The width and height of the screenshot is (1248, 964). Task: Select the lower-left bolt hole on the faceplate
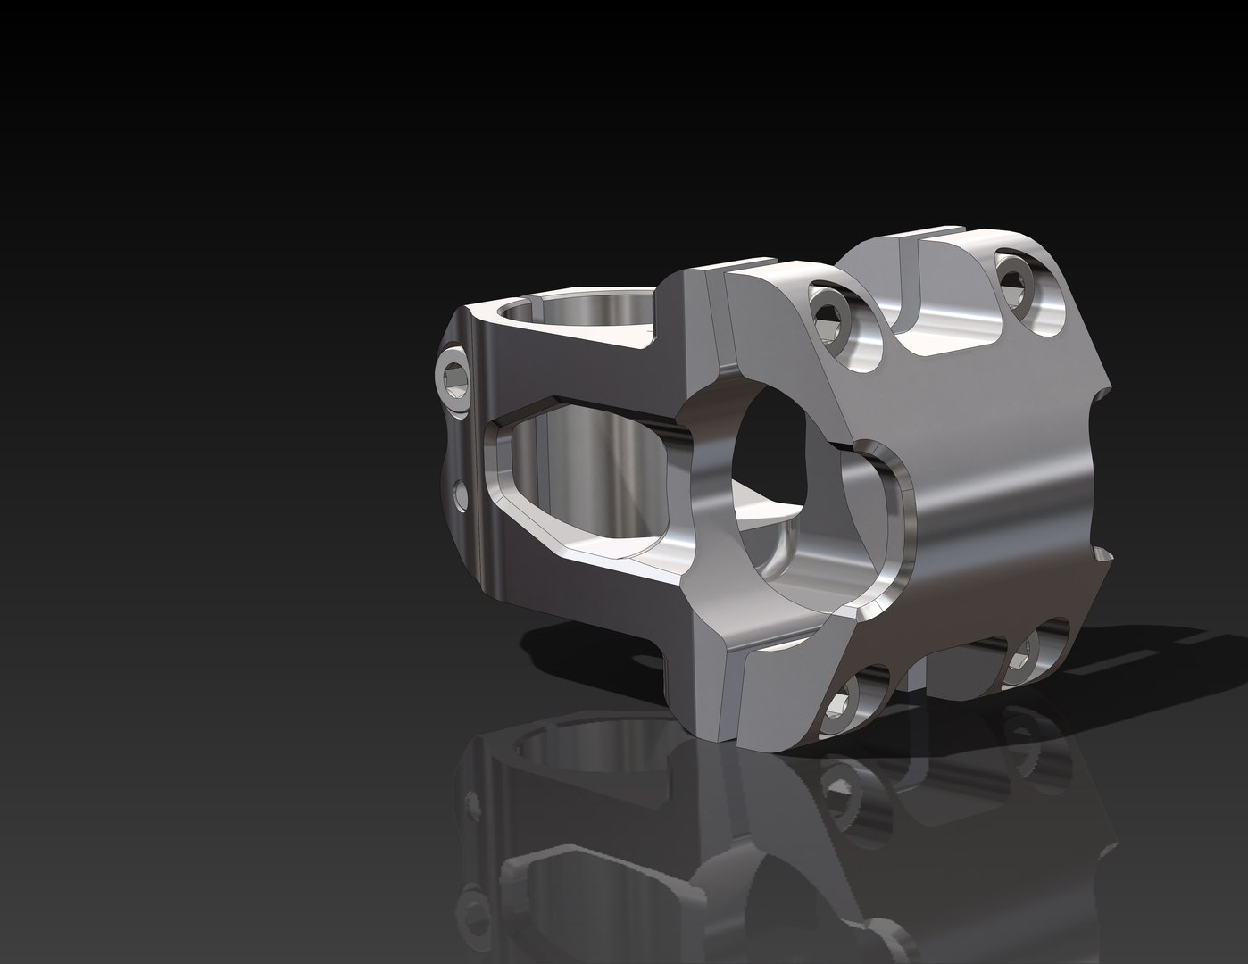840,705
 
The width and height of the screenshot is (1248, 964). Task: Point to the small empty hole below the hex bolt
459,493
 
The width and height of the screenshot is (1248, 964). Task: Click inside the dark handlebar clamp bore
777,451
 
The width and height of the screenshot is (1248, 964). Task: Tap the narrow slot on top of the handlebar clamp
719,277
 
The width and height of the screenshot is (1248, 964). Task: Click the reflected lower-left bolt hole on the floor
839,785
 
